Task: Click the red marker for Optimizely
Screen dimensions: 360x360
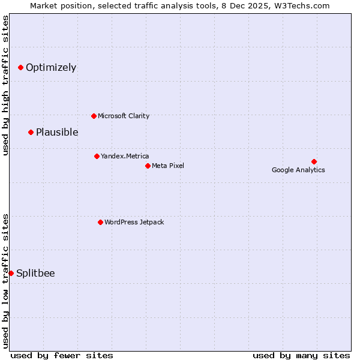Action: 20,67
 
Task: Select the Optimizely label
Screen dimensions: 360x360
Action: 51,67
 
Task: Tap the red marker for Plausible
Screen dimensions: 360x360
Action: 31,132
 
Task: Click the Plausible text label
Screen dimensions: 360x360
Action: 57,132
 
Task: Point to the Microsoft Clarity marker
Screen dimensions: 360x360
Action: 94,116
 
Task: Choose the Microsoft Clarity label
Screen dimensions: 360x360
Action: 124,116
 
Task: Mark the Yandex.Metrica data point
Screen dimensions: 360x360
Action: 97,156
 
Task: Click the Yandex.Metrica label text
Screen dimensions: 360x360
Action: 125,156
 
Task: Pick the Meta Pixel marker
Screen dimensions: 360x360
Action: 148,166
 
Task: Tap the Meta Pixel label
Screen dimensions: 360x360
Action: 168,166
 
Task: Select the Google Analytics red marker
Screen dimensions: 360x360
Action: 314,161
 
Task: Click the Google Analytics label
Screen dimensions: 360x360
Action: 298,170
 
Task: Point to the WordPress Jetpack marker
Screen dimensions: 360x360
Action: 100,222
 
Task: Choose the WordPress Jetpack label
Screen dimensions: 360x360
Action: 134,222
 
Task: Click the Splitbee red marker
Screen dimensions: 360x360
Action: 11,273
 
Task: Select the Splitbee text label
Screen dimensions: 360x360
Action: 35,273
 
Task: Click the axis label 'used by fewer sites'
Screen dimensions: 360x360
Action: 62,355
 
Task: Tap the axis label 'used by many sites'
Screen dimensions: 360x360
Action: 301,355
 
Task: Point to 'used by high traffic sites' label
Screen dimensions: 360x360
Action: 5,85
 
